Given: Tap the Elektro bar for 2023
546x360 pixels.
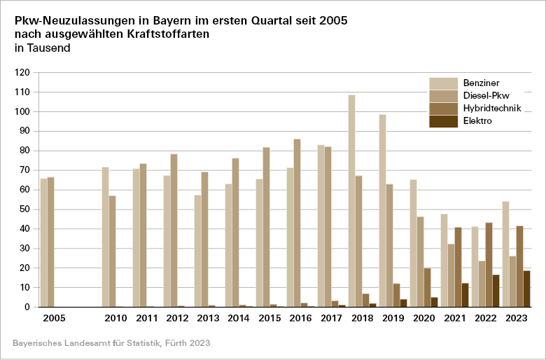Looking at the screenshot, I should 526,289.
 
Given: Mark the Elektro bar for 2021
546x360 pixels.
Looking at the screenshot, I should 465,295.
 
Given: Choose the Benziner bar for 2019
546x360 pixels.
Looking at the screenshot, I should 382,211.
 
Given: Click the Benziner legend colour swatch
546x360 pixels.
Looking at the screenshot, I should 442,83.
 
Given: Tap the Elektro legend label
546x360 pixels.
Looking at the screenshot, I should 478,120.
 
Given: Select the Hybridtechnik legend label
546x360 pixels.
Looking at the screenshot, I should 492,108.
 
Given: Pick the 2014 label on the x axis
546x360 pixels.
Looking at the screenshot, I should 239,319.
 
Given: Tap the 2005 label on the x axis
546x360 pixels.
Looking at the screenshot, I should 54,319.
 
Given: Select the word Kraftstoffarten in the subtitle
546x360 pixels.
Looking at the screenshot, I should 174,34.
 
